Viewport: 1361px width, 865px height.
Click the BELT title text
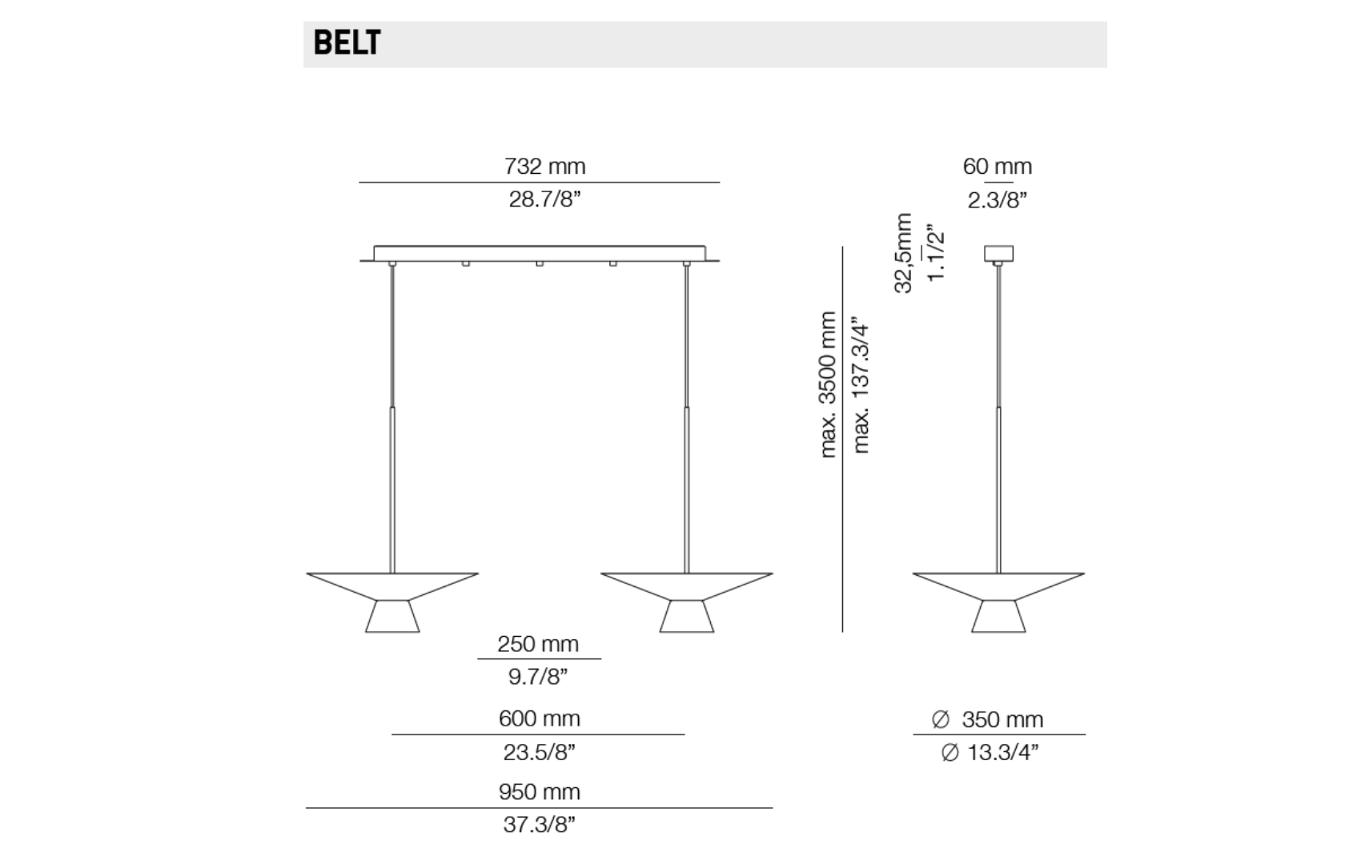(347, 43)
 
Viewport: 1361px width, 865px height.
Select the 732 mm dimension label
(545, 166)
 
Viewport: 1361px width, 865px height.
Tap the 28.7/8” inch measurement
(545, 199)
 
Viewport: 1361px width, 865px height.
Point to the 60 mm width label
(997, 166)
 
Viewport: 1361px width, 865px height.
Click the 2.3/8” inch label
(997, 199)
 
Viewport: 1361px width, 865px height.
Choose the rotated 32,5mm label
(904, 253)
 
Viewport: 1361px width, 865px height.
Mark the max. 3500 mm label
(828, 384)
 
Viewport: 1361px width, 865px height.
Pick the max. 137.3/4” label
(861, 384)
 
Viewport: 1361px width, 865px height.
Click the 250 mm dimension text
(538, 644)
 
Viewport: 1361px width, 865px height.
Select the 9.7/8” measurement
(538, 677)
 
